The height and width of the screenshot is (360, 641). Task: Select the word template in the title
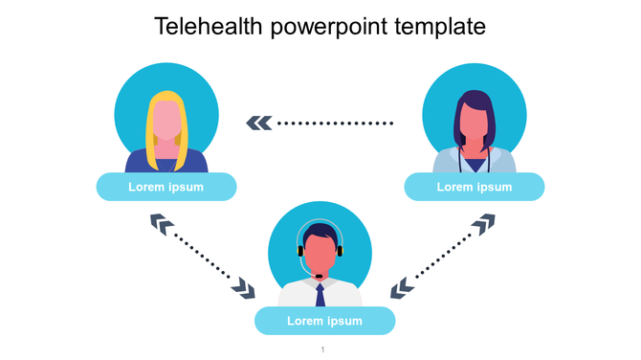[x=441, y=27]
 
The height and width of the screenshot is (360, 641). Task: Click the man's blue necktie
[x=320, y=292]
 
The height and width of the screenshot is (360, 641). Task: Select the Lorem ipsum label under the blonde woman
[x=166, y=187]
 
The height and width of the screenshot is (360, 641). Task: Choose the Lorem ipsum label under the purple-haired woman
[x=475, y=187]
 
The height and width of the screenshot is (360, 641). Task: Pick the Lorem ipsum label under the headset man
[x=325, y=321]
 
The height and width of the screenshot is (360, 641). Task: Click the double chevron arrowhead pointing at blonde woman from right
[x=258, y=123]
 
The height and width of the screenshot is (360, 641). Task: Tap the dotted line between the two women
[x=335, y=123]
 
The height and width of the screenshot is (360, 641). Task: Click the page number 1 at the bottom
[x=323, y=349]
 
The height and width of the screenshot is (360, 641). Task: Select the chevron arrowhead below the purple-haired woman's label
[x=484, y=224]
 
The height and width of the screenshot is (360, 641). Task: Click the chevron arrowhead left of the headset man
[x=246, y=287]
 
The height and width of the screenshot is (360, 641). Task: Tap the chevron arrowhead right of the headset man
[x=402, y=285]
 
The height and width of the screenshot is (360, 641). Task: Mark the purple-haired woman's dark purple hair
[x=475, y=101]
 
